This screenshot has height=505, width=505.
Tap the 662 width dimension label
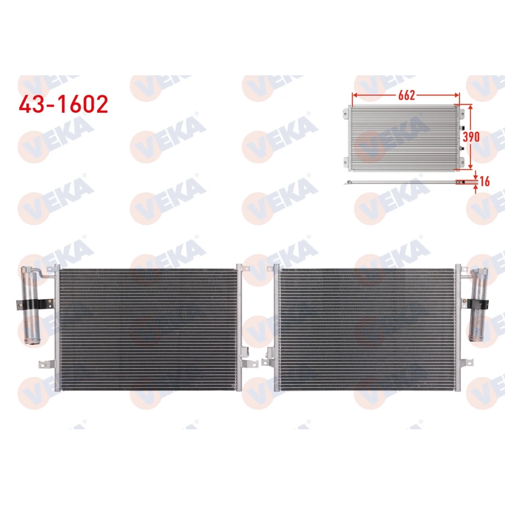pos(406,95)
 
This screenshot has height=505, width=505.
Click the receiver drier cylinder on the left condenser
pos(31,303)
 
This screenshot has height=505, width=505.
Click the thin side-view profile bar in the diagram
pos(404,181)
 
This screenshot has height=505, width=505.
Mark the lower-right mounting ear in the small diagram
pos(462,162)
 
